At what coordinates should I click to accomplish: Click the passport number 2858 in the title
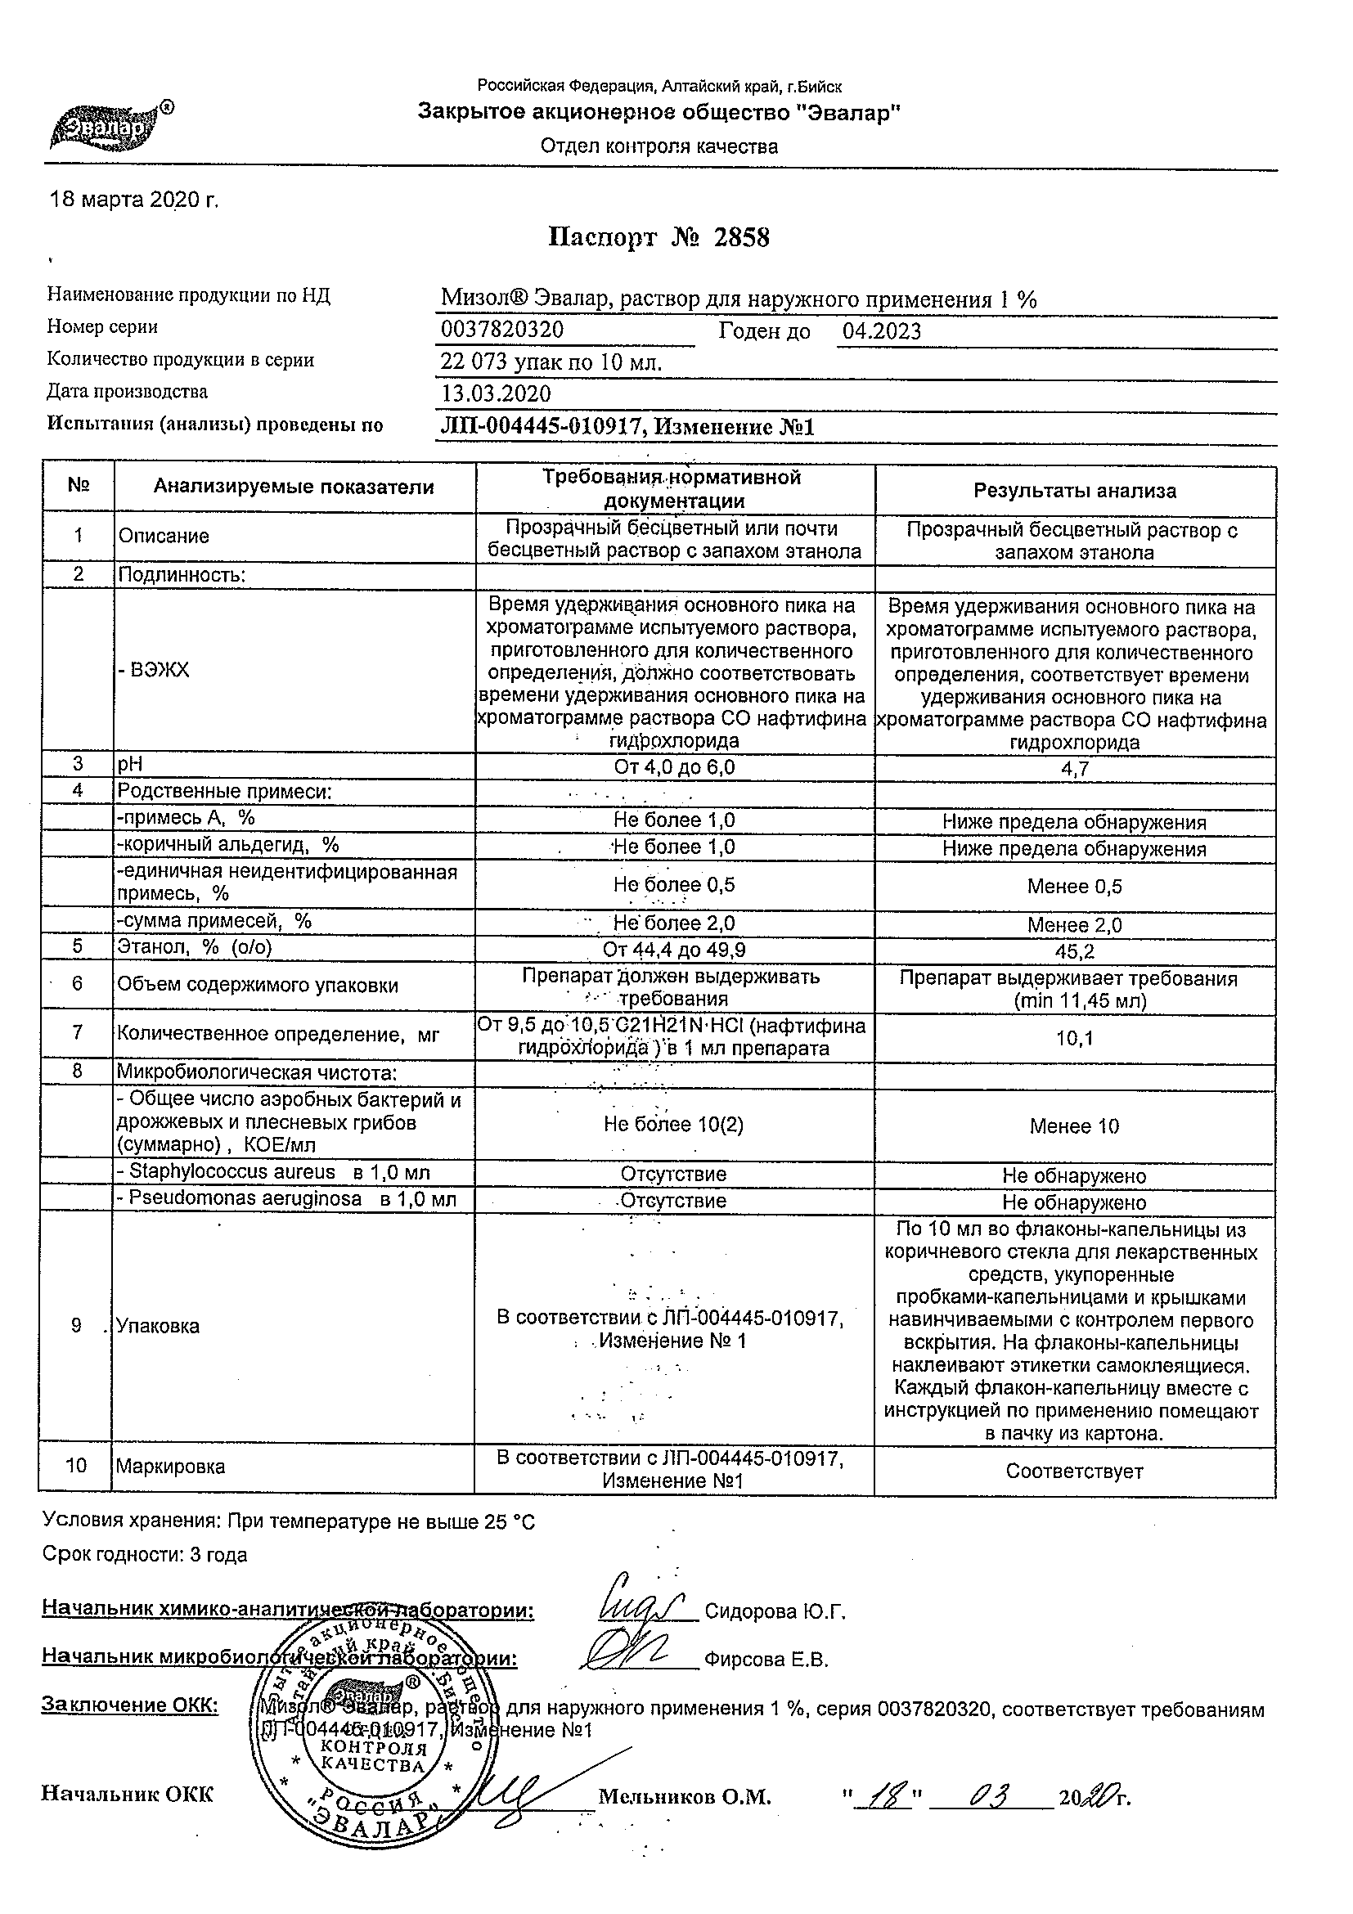[741, 238]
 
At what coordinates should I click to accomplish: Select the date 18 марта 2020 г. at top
[134, 200]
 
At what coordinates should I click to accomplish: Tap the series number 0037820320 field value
[501, 331]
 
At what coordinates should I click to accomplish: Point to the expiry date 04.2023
[881, 332]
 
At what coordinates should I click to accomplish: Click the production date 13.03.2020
[495, 394]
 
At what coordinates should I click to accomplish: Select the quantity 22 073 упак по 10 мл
[551, 362]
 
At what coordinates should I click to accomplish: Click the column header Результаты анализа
[1074, 491]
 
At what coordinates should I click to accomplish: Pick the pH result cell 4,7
[1074, 770]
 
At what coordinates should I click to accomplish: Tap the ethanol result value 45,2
[1074, 952]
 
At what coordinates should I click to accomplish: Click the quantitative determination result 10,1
[1074, 1039]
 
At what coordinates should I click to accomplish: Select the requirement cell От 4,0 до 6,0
[673, 768]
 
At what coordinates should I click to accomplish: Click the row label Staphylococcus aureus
[231, 1172]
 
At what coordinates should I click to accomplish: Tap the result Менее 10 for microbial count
[1074, 1127]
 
